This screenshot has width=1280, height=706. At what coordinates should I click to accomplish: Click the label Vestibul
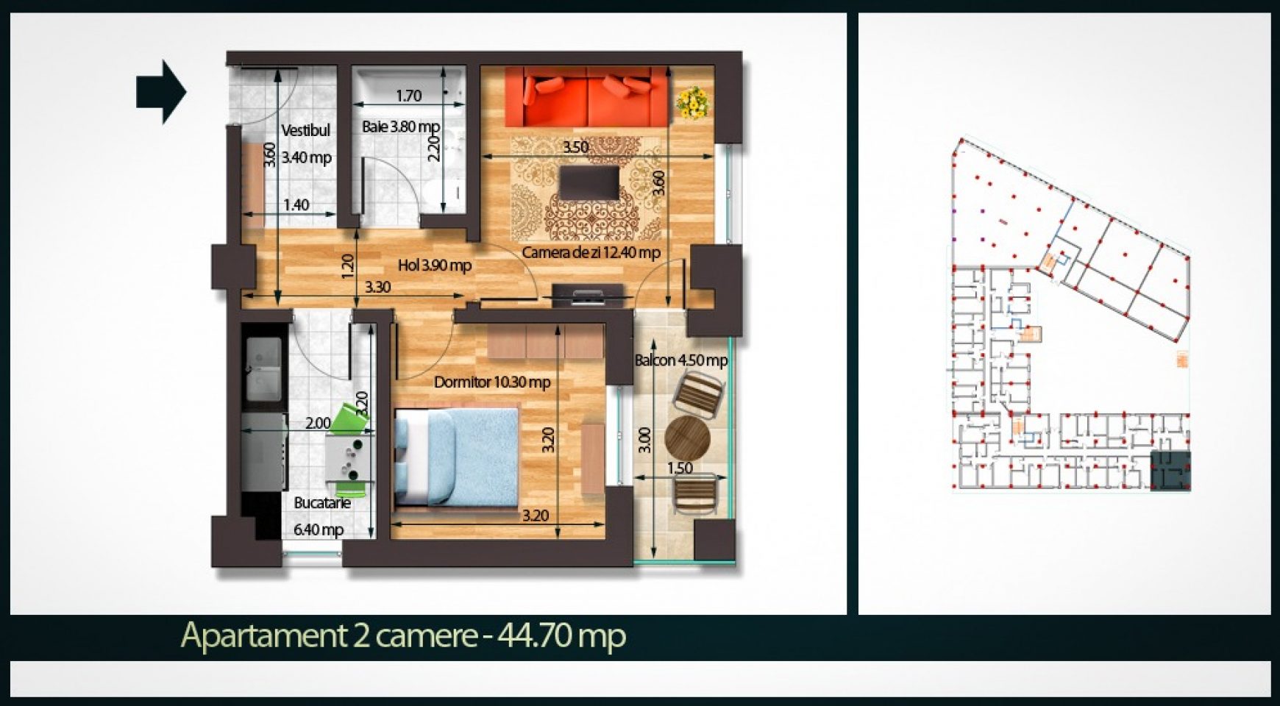pos(305,131)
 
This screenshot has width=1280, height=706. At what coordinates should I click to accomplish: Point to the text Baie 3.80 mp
pos(401,126)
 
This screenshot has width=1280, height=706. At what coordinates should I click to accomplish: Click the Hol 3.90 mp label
pos(435,265)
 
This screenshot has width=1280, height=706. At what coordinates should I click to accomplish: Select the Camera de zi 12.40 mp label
pos(591,252)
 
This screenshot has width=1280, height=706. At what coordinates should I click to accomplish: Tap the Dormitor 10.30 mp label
pos(492,382)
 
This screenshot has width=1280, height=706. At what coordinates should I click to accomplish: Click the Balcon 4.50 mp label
pos(681,360)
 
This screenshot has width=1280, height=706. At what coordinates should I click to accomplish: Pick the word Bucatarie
pos(322,503)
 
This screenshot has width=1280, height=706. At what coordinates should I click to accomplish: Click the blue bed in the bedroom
pos(456,457)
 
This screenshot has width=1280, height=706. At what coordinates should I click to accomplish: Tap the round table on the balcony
pos(687,439)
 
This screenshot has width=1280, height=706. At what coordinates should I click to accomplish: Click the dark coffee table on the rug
pos(589,183)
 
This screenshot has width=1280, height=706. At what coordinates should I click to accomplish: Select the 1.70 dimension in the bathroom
pos(409,96)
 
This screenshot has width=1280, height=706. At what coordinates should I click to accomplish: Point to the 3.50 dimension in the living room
pos(575,146)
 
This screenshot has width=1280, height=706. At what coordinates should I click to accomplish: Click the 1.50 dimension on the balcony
pos(680,468)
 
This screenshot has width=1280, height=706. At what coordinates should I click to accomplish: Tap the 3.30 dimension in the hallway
pos(378,287)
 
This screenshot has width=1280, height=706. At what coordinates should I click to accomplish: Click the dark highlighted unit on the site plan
pos(1170,471)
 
